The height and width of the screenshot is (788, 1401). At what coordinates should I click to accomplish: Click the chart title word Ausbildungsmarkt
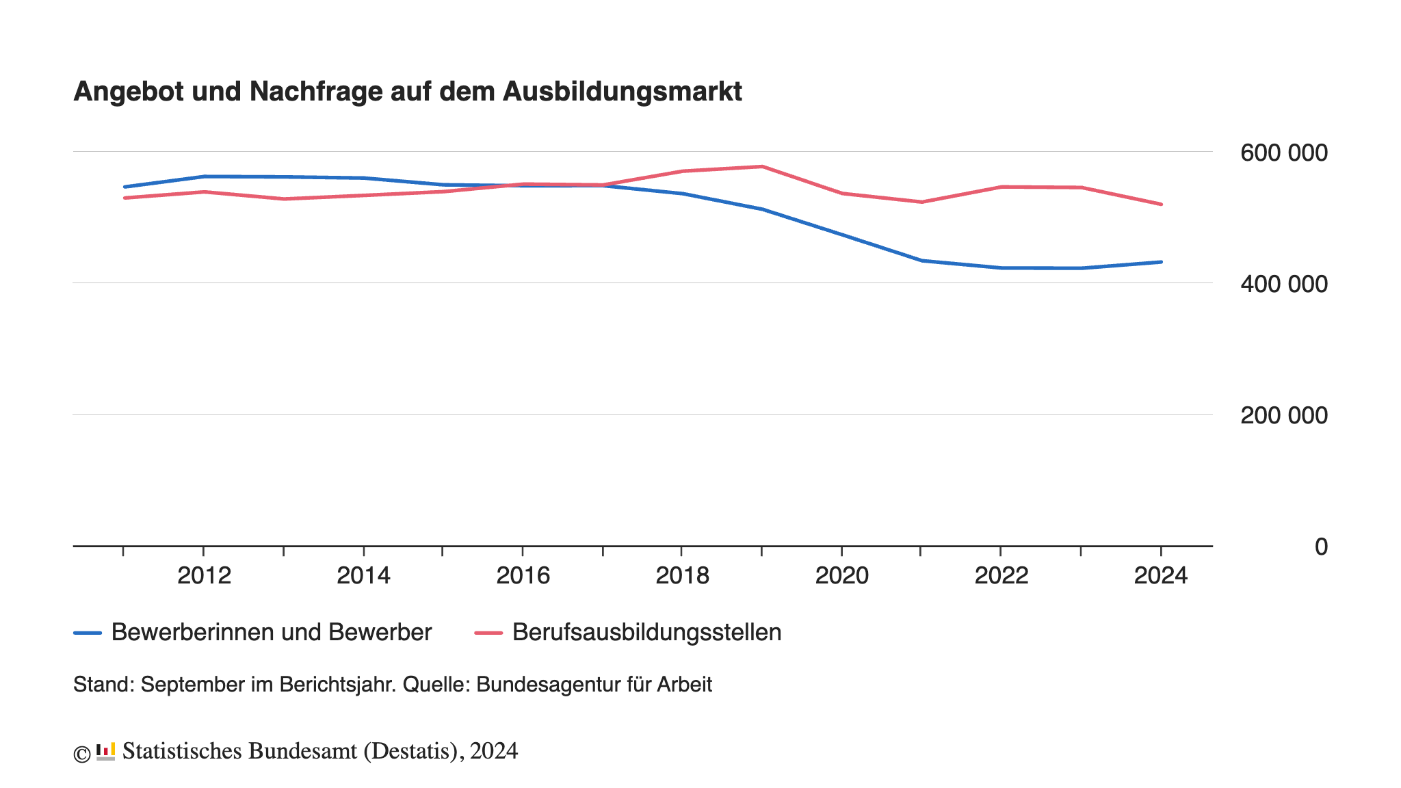622,92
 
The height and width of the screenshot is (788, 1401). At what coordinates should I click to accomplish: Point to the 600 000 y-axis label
1283,153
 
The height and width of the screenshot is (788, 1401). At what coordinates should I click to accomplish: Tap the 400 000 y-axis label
1283,284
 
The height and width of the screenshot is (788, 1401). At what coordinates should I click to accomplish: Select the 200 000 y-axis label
1283,415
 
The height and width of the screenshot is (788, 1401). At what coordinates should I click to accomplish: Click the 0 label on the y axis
1320,547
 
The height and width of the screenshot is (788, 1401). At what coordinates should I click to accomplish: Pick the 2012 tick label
204,576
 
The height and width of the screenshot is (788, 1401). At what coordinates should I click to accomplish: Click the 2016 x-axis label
523,576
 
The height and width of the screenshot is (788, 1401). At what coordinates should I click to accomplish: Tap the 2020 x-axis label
841,576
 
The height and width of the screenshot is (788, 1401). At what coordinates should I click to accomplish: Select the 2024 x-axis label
1160,576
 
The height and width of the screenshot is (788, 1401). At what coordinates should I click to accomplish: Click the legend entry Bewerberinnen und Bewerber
271,632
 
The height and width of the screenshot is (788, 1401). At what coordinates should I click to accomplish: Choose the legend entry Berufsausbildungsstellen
646,632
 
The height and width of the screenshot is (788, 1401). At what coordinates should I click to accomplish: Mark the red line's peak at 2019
761,166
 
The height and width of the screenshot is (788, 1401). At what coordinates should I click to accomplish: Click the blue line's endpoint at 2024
1161,262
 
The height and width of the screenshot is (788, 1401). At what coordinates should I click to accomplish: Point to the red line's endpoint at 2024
1161,204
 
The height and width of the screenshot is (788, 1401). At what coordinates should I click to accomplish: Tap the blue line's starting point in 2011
124,187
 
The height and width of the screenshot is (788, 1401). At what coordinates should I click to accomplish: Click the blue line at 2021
921,261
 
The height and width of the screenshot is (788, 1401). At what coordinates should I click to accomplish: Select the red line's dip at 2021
921,202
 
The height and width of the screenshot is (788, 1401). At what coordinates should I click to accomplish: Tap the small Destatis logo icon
105,751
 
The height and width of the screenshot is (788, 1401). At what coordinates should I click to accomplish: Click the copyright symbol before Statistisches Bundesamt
82,754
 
